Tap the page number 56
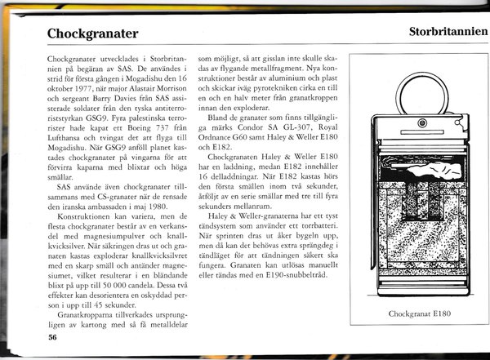[x=52, y=336]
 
